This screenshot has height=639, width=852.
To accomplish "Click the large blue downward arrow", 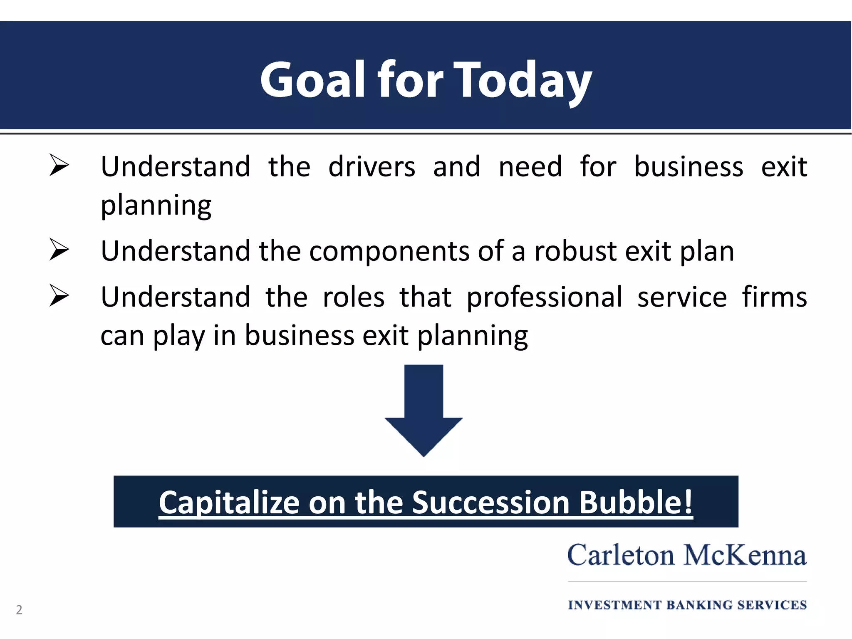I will point(424,410).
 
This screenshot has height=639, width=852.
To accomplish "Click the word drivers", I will point(372,166).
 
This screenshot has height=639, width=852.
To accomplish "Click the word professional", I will point(545,297).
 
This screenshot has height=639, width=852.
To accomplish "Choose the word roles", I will point(354,297).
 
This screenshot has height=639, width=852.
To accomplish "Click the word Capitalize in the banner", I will point(229,502).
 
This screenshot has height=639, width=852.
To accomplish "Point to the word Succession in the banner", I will point(491,502).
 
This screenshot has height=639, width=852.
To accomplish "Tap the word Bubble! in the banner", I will point(636,502).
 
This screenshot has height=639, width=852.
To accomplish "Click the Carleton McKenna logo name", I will point(687,555).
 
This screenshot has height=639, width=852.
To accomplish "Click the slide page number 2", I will point(19,610).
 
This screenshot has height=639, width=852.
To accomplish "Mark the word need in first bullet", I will point(530,166).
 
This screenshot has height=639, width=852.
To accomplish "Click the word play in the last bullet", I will point(179,335).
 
